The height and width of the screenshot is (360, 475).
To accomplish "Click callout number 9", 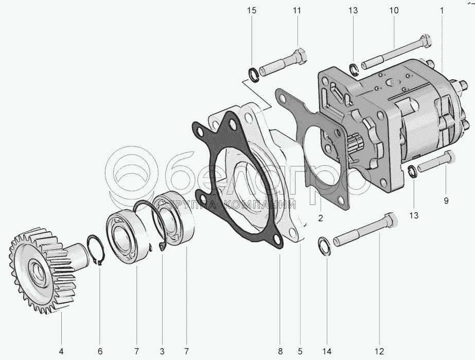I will coord(446,200).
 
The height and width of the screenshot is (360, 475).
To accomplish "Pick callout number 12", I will coord(379,352).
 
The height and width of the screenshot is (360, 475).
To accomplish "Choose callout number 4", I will coord(61,352).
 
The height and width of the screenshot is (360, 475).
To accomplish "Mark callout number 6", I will coord(100,352).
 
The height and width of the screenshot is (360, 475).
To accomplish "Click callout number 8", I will coord(280,352).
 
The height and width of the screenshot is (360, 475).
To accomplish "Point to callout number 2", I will coord(320,218).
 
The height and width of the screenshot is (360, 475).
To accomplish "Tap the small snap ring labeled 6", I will coord(96,251).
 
